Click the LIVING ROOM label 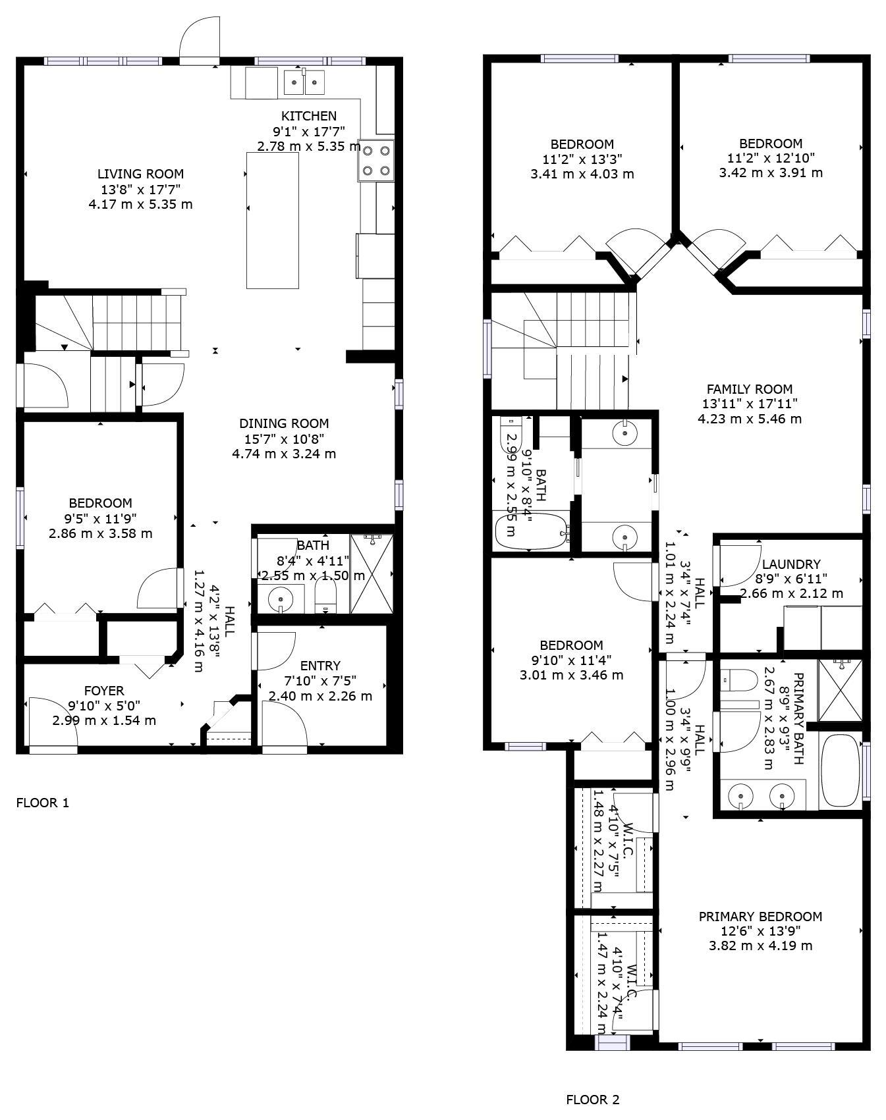coord(140,174)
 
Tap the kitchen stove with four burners coord(375,160)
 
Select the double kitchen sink coord(304,82)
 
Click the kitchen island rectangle coord(272,220)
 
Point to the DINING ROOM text coord(283,423)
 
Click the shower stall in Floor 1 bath coord(372,574)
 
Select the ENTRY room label coord(320,666)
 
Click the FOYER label coord(104,691)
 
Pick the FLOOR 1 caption coord(42,803)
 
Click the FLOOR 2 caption coord(592,1100)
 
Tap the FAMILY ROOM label coord(749,389)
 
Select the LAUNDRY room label coord(790,564)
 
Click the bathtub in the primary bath coord(841,770)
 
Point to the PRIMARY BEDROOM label coord(760,917)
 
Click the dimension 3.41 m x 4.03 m coord(582,174)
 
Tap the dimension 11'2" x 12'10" coord(770,158)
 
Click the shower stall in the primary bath coord(840,690)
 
